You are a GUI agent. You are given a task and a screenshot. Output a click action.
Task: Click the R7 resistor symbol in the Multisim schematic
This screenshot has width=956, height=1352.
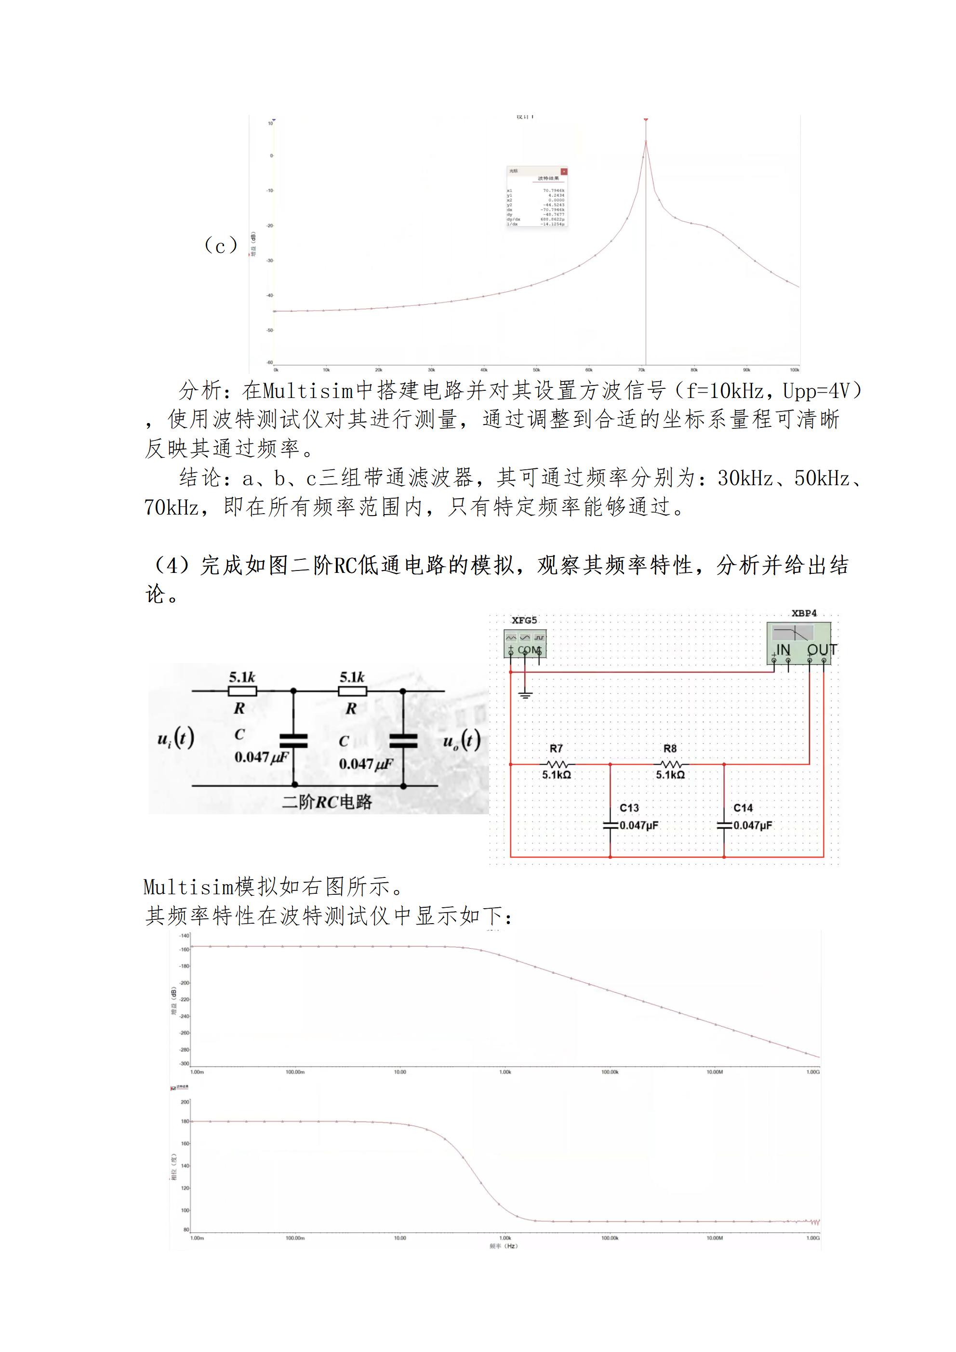pos(556,764)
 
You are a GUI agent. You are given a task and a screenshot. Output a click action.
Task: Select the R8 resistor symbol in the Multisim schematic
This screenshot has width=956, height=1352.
pos(670,764)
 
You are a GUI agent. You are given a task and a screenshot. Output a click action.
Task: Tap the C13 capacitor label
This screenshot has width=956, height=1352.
pos(629,808)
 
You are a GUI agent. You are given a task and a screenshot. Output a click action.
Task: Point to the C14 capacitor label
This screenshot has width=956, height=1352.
pos(743,808)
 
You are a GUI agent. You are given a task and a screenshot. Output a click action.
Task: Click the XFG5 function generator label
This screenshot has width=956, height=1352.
pos(524,620)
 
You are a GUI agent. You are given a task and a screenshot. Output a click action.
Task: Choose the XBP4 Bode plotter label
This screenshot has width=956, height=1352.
pos(804,613)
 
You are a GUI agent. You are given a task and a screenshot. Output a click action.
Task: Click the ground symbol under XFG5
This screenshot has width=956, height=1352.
pos(525,695)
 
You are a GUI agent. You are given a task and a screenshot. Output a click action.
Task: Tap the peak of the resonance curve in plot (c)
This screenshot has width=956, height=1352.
pos(646,141)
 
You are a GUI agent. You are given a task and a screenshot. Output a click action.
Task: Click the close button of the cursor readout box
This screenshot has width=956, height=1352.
pos(564,172)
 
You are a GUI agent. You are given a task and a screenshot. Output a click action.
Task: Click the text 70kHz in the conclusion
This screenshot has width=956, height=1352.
pos(172,506)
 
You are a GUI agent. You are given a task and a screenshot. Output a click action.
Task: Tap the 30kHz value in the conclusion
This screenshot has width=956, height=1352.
pos(744,478)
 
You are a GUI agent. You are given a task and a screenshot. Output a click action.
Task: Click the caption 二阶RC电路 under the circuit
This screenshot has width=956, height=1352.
pos(327,801)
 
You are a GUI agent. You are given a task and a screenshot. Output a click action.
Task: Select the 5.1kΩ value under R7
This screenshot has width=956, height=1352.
pos(557,775)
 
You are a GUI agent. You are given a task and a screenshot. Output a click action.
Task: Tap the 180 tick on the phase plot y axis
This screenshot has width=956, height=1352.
pos(185,1121)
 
